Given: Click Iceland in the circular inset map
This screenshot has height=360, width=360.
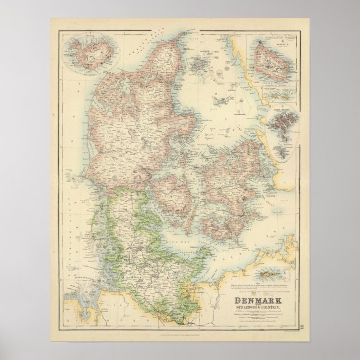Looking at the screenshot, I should [83, 54].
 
